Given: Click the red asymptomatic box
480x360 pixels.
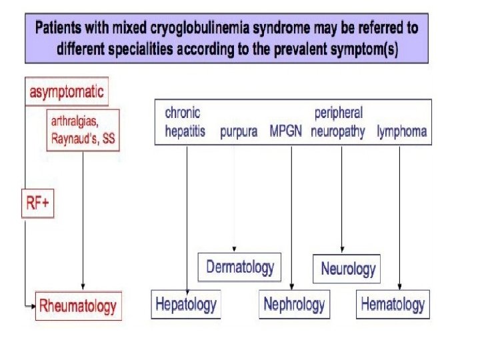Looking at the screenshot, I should tap(66, 92).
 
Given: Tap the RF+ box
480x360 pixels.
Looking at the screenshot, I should tap(37, 203).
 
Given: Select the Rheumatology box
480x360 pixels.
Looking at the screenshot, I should tap(78, 306).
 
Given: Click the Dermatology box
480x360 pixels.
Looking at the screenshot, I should tap(240, 267).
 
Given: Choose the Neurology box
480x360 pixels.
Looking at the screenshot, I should tap(347, 269).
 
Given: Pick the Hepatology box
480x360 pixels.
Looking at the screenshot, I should tap(186, 305).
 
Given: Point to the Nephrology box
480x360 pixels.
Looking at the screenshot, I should tap(294, 305).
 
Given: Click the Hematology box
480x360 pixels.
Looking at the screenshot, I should tap(392, 305).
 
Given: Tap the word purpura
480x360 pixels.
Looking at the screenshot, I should tap(239, 131).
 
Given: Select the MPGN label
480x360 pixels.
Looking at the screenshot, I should tap(286, 131).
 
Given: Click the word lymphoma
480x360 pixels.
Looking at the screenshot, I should tap(401, 131).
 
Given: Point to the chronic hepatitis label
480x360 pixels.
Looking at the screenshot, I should tap(185, 122).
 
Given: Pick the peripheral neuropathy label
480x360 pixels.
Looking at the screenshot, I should tap(338, 122).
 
